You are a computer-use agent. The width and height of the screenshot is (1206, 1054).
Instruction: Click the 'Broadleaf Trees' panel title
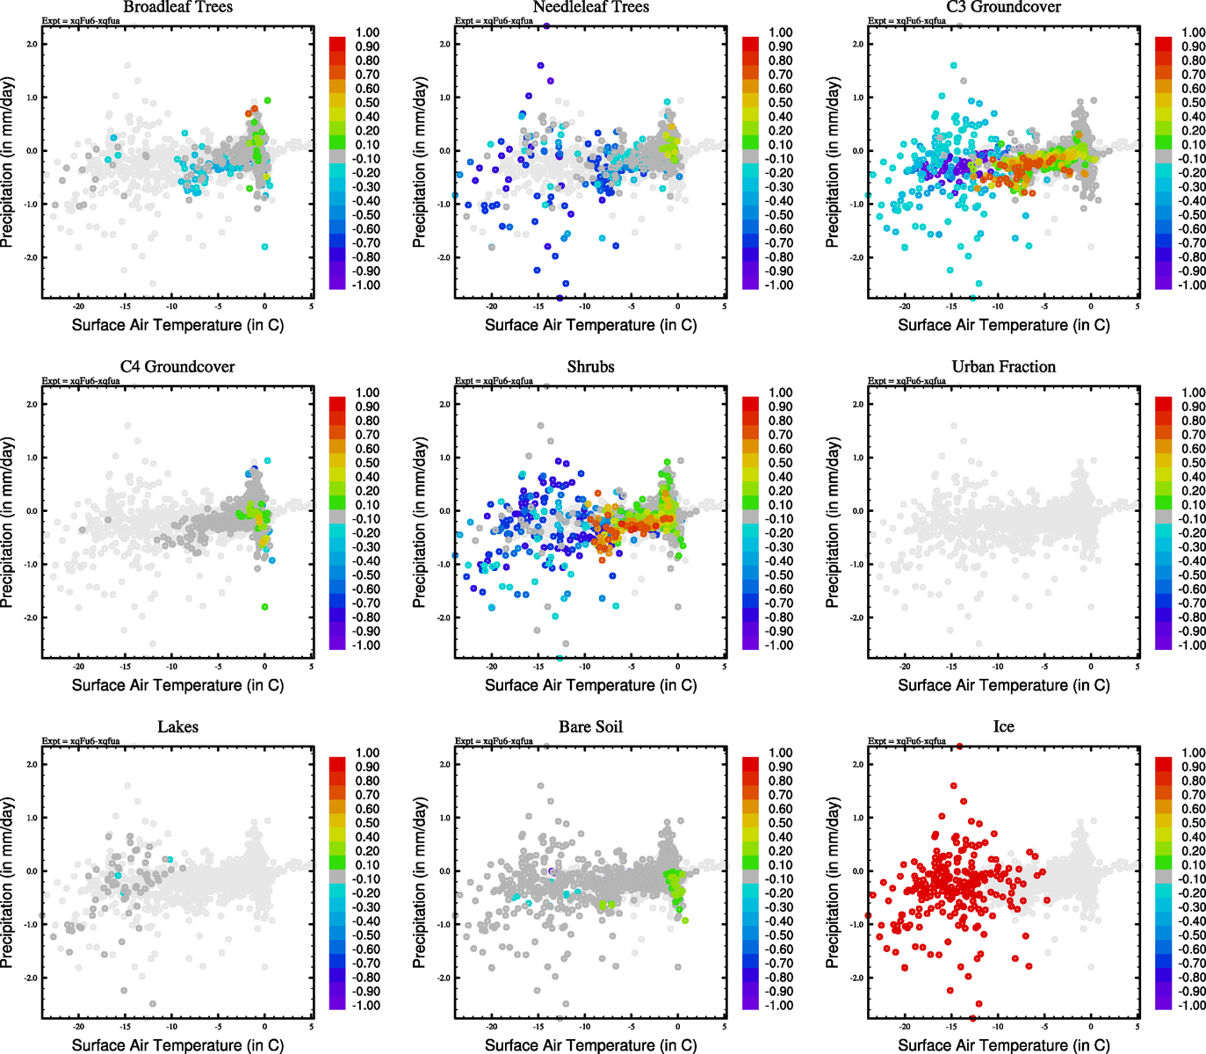[x=177, y=7]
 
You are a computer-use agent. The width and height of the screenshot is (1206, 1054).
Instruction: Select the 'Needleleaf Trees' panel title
[x=590, y=7]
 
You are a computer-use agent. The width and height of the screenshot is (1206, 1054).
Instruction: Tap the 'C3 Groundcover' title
[x=1003, y=7]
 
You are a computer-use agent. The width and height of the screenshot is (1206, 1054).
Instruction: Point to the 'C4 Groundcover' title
[x=177, y=366]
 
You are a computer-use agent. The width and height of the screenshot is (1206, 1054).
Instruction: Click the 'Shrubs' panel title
[x=590, y=366]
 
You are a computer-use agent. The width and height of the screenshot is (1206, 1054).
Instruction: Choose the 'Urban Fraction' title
[x=1003, y=366]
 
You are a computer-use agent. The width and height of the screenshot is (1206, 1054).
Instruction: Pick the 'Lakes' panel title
[x=177, y=726]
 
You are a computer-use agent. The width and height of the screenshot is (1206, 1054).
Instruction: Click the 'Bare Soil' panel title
[x=590, y=726]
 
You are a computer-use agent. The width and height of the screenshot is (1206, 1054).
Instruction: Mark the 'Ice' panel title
[x=1003, y=726]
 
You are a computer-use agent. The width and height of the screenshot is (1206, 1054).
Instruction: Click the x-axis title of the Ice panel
[x=1003, y=1045]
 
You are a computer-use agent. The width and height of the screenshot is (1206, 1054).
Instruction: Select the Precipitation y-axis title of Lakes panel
[x=8, y=883]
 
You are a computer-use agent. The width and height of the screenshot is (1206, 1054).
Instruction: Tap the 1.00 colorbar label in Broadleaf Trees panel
[x=367, y=32]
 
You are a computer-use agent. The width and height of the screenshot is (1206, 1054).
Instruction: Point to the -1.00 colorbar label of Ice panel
[x=1191, y=1005]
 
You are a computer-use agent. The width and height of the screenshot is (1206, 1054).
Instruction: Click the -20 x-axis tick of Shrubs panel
[x=491, y=667]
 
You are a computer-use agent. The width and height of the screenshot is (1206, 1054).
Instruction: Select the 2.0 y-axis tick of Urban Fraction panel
[x=857, y=404]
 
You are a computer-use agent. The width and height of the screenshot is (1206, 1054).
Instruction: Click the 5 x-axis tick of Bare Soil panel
[x=725, y=1027]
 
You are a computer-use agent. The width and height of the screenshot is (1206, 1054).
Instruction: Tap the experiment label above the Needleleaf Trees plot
[x=494, y=21]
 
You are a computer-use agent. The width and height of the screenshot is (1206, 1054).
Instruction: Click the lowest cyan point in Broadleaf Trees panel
[x=264, y=247]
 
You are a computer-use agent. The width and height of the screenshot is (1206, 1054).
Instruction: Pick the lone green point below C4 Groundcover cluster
[x=264, y=607]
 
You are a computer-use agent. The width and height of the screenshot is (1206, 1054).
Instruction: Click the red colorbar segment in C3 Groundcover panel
[x=1164, y=43]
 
